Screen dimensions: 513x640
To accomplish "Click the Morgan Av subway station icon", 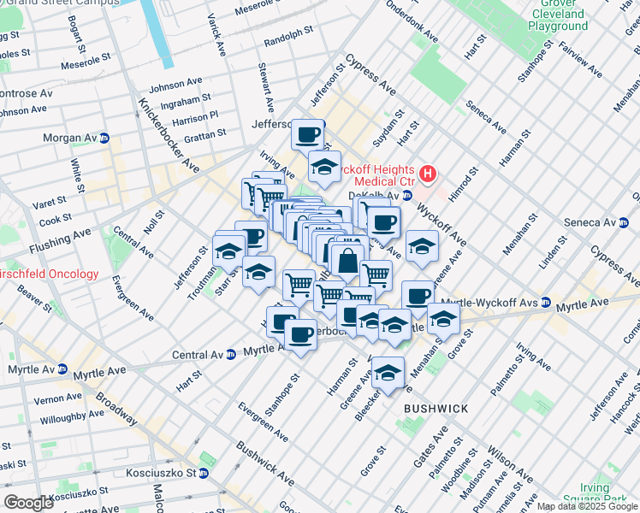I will tap(104, 138).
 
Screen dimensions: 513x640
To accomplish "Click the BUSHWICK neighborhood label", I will tap(436, 409).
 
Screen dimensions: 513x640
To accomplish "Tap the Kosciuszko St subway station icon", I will tap(204, 472).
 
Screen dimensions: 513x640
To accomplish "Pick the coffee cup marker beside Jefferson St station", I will tap(308, 133).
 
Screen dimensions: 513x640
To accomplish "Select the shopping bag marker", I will tap(347, 261).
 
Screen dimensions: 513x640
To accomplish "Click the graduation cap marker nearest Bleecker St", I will tap(388, 373).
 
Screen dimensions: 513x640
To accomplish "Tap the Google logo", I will tap(29, 503).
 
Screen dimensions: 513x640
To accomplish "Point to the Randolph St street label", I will tap(288, 41).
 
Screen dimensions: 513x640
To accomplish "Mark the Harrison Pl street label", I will tap(195, 115).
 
